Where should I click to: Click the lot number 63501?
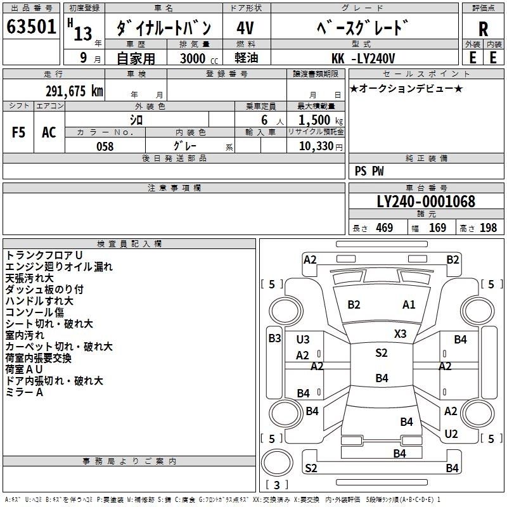[x=31, y=27]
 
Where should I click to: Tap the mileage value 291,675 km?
[x=74, y=91]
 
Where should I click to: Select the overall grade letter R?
[x=483, y=29]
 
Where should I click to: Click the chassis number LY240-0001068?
[x=426, y=202]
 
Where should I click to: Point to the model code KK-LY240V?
[x=363, y=58]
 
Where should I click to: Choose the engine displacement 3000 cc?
[x=199, y=58]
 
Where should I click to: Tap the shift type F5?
[x=18, y=132]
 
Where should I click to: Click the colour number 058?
[x=105, y=146]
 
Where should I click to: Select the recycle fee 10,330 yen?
[x=321, y=146]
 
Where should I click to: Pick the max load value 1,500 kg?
[x=321, y=120]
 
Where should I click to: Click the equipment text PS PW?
[x=369, y=171]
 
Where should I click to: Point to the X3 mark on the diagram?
[x=400, y=334]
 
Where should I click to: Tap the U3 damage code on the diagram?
[x=303, y=340]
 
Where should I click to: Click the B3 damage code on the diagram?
[x=274, y=338]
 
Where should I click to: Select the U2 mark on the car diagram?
[x=451, y=434]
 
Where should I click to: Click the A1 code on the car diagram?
[x=409, y=305]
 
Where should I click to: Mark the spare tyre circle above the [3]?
[x=277, y=463]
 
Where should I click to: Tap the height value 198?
[x=488, y=228]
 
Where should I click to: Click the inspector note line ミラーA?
[x=24, y=392]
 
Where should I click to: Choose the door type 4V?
[x=245, y=28]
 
